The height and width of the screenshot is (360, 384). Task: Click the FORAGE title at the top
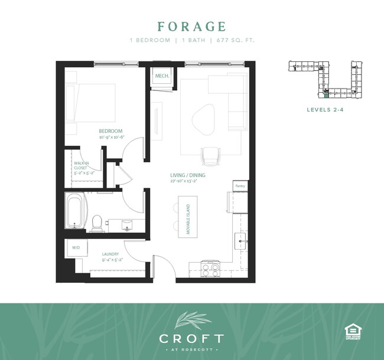(x=191, y=27)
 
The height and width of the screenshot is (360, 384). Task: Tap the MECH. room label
(x=162, y=77)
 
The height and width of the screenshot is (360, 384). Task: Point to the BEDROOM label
(x=110, y=131)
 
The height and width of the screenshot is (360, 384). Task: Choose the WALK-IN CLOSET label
(x=82, y=168)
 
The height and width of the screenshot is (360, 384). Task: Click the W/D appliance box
(x=76, y=248)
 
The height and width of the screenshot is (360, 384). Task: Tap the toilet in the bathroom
(x=97, y=221)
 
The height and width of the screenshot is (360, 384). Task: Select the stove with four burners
(x=211, y=269)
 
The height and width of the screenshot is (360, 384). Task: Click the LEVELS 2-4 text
(x=326, y=109)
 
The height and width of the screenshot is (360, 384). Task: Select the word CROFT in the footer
(x=191, y=339)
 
